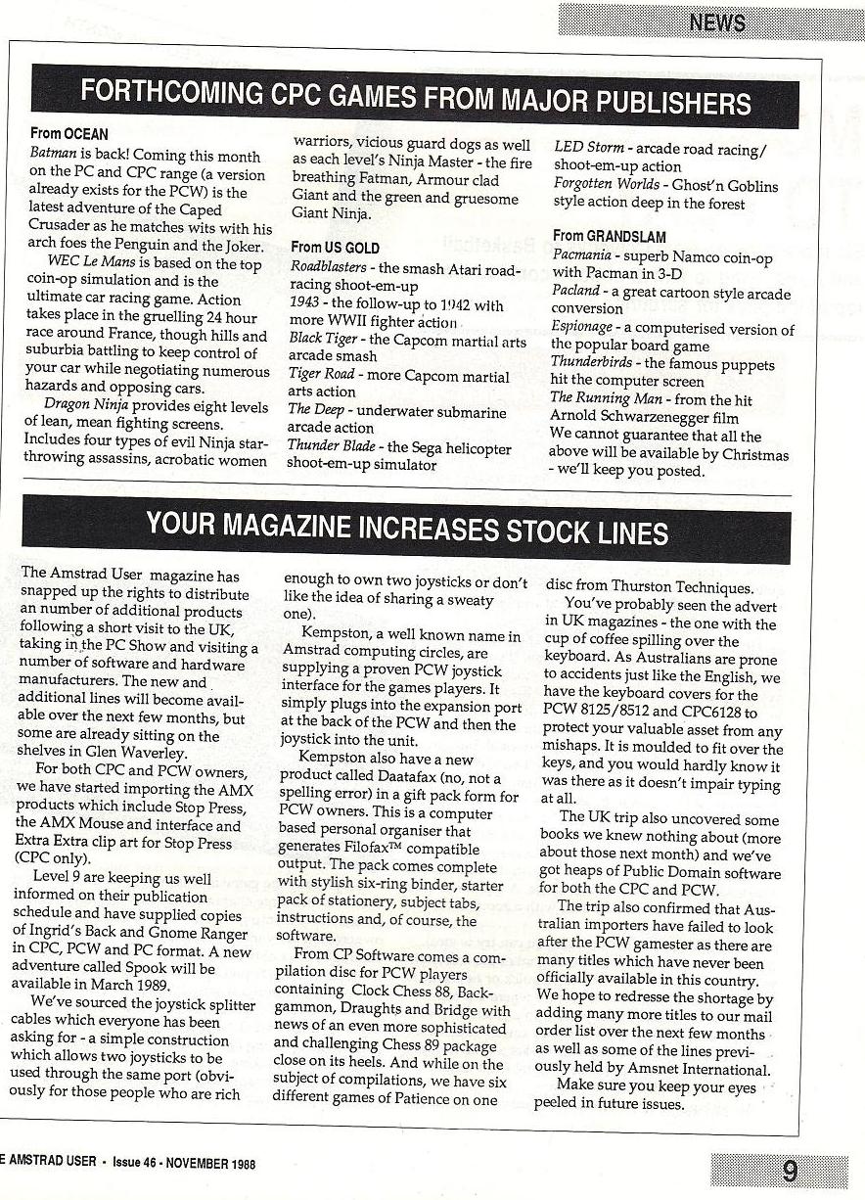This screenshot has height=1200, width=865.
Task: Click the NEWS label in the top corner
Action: pos(716,23)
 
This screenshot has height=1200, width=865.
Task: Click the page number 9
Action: pos(789,1172)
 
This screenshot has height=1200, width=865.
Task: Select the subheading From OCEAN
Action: pos(68,134)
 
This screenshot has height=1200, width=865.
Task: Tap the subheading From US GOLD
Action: pos(335,248)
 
